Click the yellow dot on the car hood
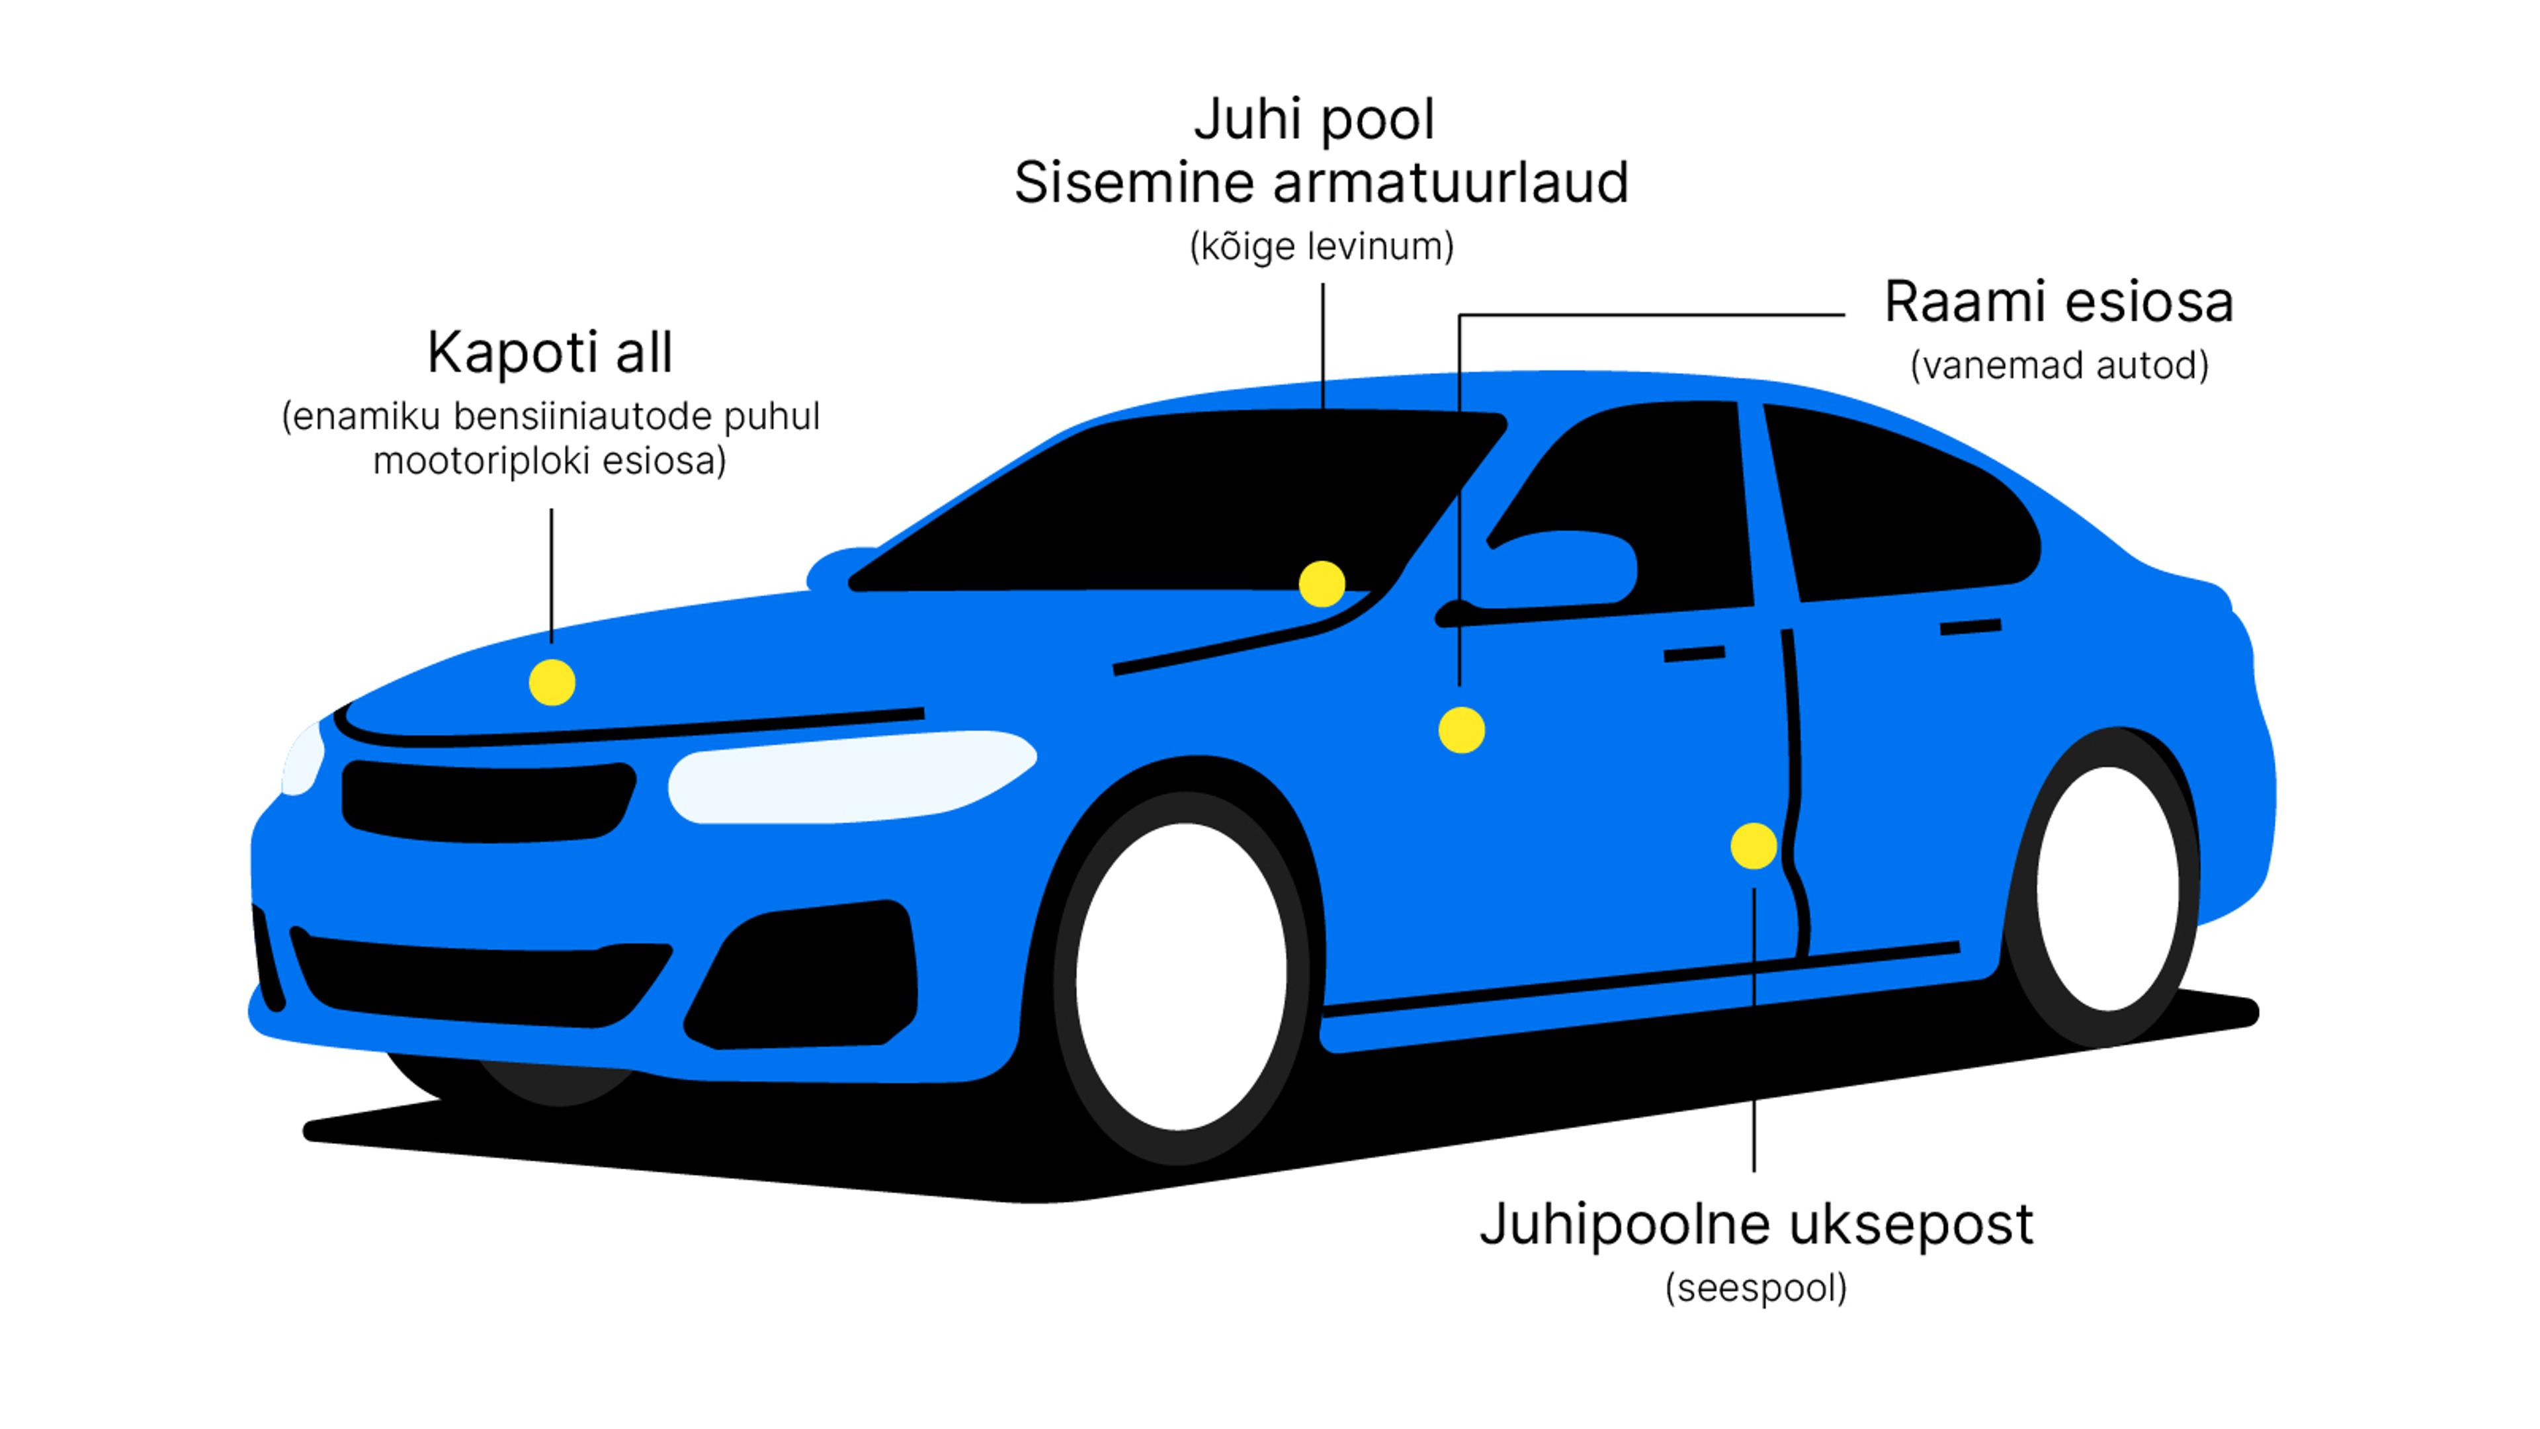pyautogui.click(x=552, y=683)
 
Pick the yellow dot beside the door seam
pyautogui.click(x=1753, y=846)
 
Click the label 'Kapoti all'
pyautogui.click(x=549, y=352)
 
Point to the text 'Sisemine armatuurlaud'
pyautogui.click(x=1322, y=183)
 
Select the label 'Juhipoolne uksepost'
pyautogui.click(x=1755, y=1225)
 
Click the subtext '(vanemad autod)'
pyautogui.click(x=2059, y=366)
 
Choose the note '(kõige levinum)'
pyautogui.click(x=1322, y=247)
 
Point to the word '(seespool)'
pyautogui.click(x=1755, y=1288)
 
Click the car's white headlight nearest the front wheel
pyautogui.click(x=848, y=777)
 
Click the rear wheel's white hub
pyautogui.click(x=2107, y=888)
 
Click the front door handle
pyautogui.click(x=1694, y=654)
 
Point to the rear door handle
pyautogui.click(x=1970, y=627)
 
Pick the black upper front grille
pyautogui.click(x=488, y=801)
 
